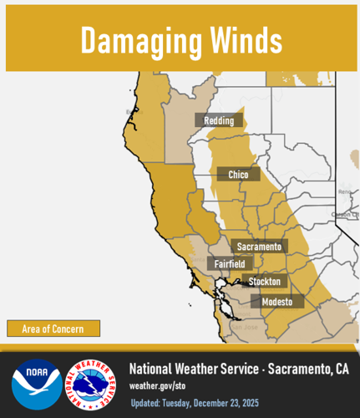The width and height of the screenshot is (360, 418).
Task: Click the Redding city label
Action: point(219,120)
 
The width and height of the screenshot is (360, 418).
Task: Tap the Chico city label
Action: point(238,174)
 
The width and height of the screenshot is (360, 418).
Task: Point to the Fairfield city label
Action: point(228,263)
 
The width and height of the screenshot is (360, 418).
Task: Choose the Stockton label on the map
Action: point(264,282)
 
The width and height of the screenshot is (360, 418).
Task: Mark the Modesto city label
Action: point(276,301)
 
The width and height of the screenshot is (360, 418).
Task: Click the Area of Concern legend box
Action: point(53,329)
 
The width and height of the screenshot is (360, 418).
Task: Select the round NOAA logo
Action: point(36,384)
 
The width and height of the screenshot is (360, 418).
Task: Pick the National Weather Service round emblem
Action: point(90,384)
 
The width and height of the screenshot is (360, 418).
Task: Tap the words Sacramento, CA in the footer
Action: point(309,369)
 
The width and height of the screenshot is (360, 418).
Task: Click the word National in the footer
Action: point(154,369)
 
